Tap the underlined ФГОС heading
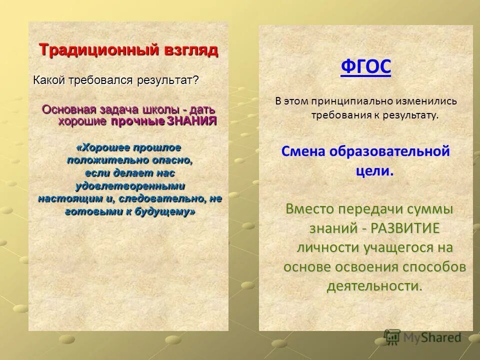[365, 66]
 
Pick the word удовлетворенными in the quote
[130, 186]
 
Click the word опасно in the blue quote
[173, 160]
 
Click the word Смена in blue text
[303, 151]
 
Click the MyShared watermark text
[432, 337]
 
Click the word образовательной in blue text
[390, 151]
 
